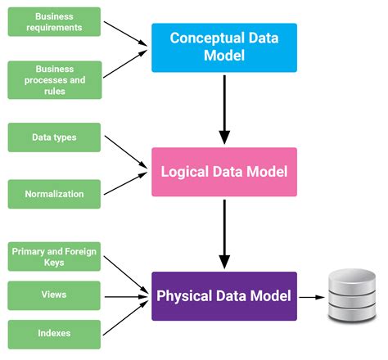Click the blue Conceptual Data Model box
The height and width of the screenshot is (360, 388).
pyautogui.click(x=223, y=47)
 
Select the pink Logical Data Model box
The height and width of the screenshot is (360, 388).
pyautogui.click(x=223, y=172)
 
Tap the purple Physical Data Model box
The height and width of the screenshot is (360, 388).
pyautogui.click(x=223, y=295)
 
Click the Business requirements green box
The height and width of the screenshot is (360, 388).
pyautogui.click(x=55, y=21)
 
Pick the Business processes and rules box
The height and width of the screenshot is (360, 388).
pyautogui.click(x=55, y=79)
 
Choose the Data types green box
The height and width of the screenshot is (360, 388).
pyautogui.click(x=55, y=137)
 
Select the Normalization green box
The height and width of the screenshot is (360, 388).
pyautogui.click(x=55, y=195)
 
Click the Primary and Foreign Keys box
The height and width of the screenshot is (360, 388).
pyautogui.click(x=55, y=258)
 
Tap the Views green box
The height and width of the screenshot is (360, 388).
pyautogui.click(x=55, y=295)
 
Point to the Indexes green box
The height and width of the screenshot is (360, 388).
pyautogui.click(x=55, y=333)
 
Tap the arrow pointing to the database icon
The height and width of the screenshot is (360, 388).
pyautogui.click(x=310, y=296)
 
